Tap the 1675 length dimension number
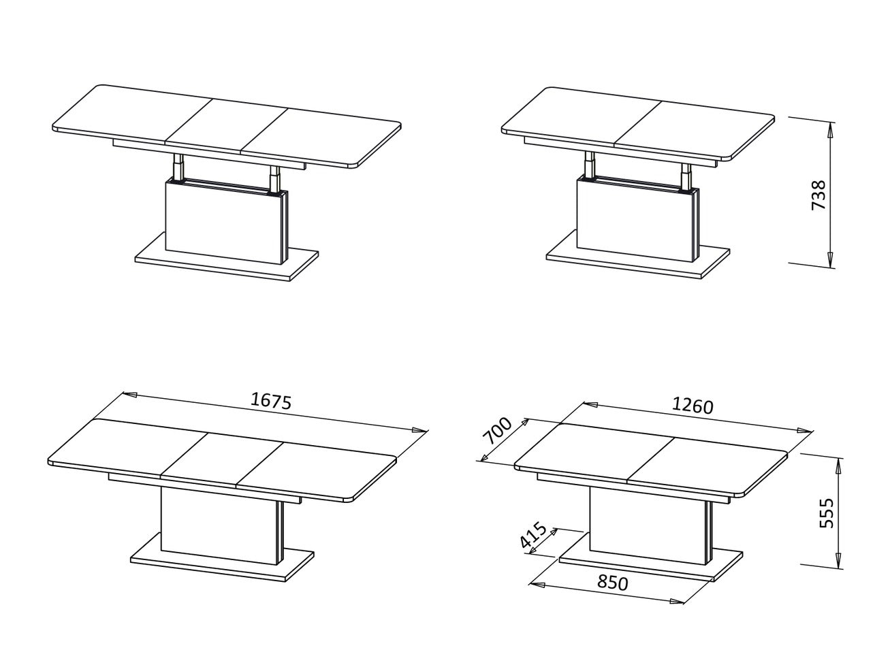[271, 401]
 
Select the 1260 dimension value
[693, 406]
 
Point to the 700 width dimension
[497, 431]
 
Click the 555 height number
[826, 513]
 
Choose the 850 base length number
[613, 583]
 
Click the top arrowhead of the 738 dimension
[830, 129]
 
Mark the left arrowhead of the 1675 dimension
[129, 393]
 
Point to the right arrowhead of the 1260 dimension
[805, 431]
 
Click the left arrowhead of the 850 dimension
[537, 585]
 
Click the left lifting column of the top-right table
[590, 165]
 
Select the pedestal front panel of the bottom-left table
[219, 526]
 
